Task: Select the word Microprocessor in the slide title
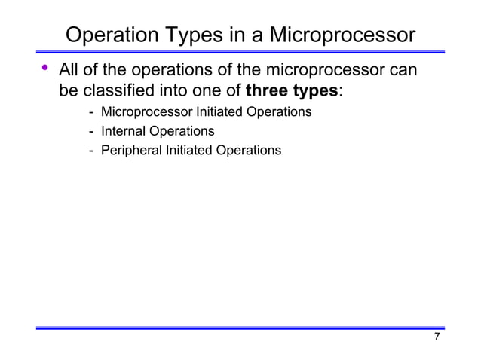pyautogui.click(x=342, y=35)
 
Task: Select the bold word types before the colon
pyautogui.click(x=314, y=91)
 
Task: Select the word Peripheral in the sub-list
pyautogui.click(x=131, y=151)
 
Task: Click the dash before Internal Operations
pyautogui.click(x=91, y=131)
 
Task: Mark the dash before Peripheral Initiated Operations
pyautogui.click(x=91, y=151)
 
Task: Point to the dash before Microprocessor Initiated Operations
pyautogui.click(x=91, y=112)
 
